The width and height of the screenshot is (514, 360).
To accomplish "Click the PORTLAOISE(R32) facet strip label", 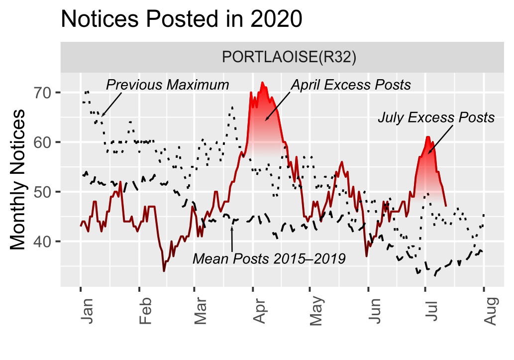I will [x=282, y=57].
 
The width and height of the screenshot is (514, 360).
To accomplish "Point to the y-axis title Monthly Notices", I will [x=18, y=179].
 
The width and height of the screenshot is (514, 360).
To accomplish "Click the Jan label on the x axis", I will [x=85, y=311].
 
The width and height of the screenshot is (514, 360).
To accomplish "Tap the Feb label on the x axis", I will [x=144, y=311].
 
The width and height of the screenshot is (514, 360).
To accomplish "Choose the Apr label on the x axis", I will [x=258, y=311].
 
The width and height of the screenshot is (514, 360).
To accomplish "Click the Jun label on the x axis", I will [x=373, y=311].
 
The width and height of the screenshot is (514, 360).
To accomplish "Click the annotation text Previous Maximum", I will [x=167, y=85].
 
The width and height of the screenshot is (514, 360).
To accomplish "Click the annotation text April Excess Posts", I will [x=351, y=85].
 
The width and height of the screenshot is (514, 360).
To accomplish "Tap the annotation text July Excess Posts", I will [x=436, y=118].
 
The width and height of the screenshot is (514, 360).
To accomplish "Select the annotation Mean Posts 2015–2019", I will [x=269, y=259].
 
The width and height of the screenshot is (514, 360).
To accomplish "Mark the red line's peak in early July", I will [x=428, y=137].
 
